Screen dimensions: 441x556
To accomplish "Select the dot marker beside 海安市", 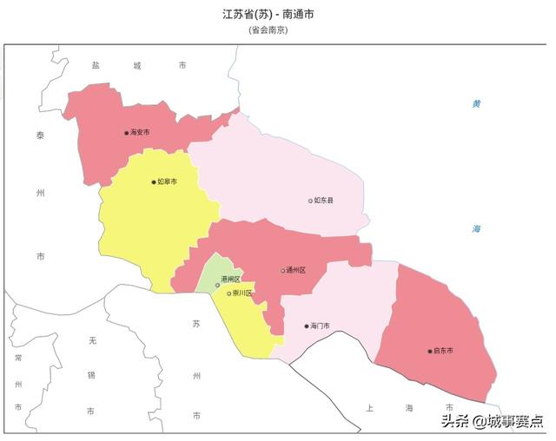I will point(127,133).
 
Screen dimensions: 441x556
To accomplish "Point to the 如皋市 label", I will point(168,182).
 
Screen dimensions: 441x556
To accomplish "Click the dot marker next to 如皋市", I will point(154,182).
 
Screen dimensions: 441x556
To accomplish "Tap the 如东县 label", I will point(324,201).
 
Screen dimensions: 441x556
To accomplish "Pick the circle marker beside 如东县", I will point(310,201).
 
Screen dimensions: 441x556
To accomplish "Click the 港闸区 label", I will point(230,279).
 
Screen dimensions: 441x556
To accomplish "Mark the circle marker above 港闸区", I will point(218,285).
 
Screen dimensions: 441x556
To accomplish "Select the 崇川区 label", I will point(242,293).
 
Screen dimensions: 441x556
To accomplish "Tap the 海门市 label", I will point(321,326).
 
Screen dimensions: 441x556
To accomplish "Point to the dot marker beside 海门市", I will point(307,326).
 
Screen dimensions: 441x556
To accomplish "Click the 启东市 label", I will point(443,351).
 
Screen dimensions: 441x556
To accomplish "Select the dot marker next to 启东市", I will point(429,351).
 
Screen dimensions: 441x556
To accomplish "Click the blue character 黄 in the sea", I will point(476,104).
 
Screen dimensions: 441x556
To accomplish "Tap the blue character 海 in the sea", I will point(476,228).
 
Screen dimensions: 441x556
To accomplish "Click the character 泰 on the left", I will point(40,135).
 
